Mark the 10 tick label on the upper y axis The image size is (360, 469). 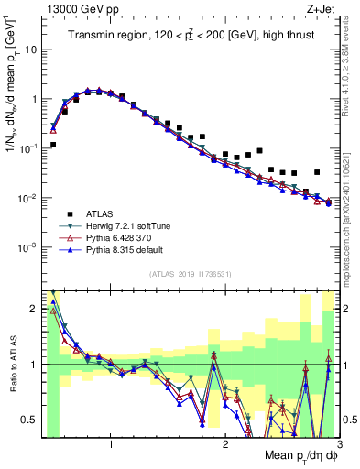point(29,49)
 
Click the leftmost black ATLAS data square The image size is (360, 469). point(53,145)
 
